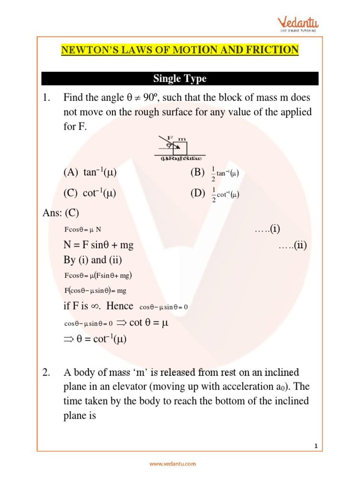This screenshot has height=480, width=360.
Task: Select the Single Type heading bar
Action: pyautogui.click(x=180, y=78)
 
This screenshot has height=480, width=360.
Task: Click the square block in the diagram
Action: pyautogui.click(x=180, y=148)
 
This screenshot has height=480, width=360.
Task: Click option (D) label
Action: pyautogui.click(x=197, y=193)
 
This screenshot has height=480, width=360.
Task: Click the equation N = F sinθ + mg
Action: pyautogui.click(x=102, y=245)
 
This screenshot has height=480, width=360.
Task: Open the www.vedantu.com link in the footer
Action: pyautogui.click(x=173, y=464)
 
